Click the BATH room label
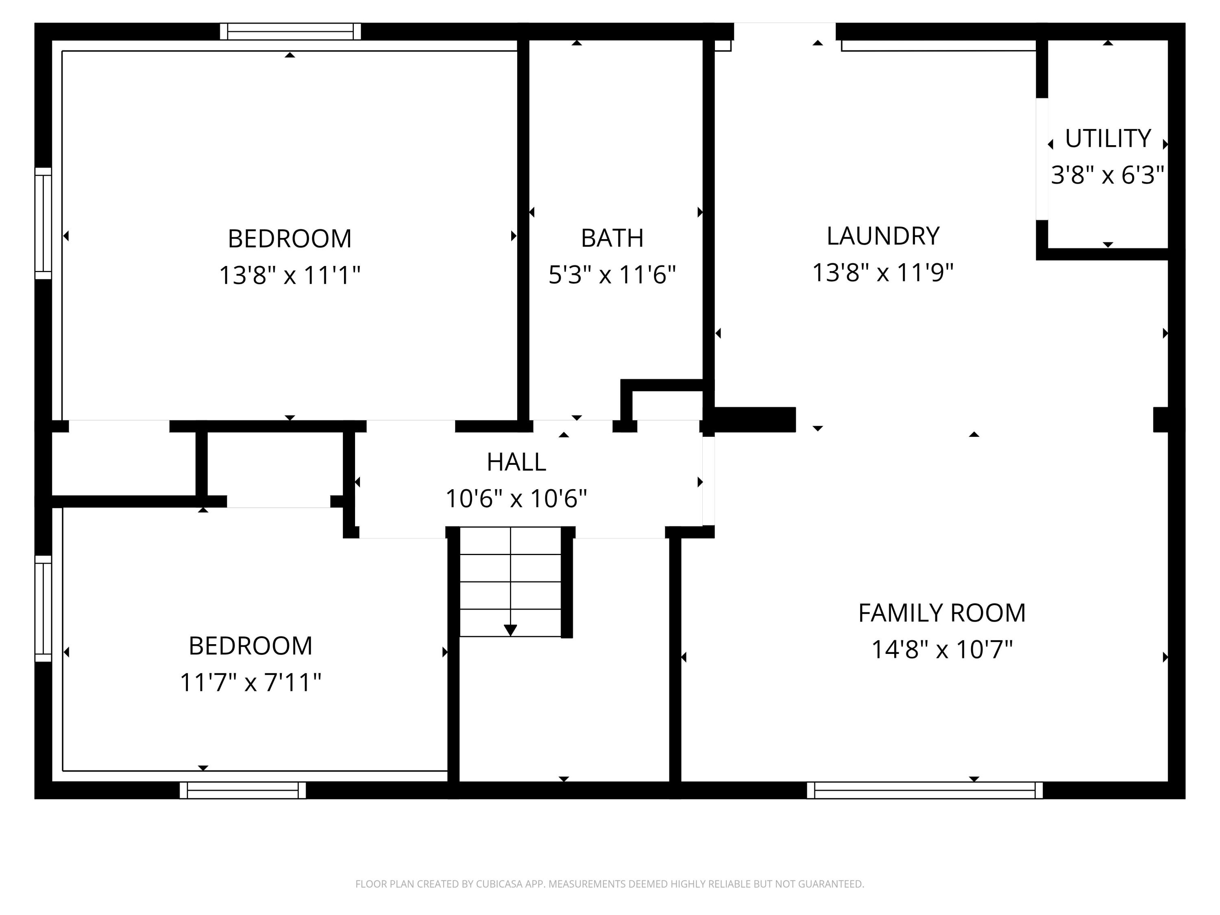point(612,238)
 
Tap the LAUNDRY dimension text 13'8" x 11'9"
point(882,272)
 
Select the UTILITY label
point(1107,138)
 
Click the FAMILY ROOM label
point(941,613)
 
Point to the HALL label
point(516,462)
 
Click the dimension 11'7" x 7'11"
point(251,683)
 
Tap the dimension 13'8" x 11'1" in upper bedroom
point(290,274)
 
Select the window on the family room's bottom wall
point(924,790)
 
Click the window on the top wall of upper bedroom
point(290,31)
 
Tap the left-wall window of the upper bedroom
point(43,223)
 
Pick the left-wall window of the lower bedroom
point(43,608)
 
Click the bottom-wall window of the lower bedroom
point(243,790)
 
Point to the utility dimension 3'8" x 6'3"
point(1107,175)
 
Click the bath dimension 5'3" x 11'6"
point(612,274)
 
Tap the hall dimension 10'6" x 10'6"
point(516,499)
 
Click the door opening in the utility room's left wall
point(1041,159)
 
